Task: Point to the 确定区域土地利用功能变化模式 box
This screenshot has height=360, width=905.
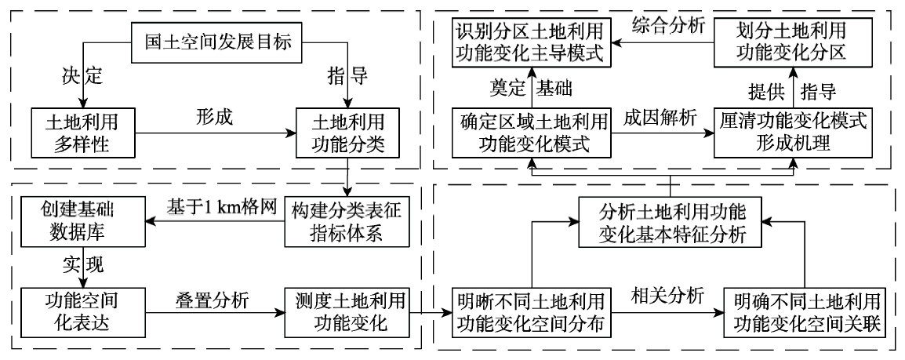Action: coord(531,131)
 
